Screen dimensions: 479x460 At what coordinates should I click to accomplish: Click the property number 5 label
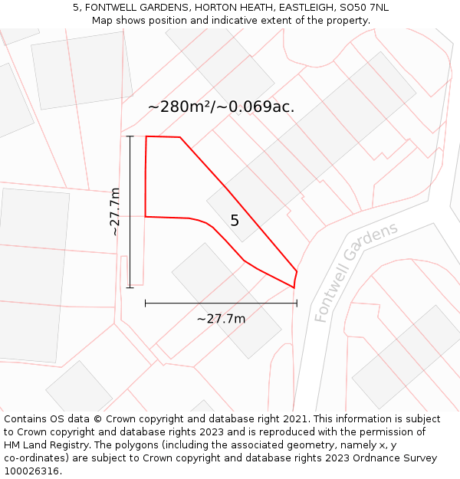(x=235, y=221)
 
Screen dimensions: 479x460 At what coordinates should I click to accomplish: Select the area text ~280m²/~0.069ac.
(x=221, y=107)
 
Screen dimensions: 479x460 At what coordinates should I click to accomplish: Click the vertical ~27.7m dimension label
(x=115, y=212)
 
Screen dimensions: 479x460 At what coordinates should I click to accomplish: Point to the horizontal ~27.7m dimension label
(x=221, y=319)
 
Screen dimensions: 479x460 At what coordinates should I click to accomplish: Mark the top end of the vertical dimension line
(x=130, y=136)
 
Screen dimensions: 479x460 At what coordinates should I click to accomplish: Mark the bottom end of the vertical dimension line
(x=130, y=287)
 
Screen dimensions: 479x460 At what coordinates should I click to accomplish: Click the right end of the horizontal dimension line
(x=297, y=303)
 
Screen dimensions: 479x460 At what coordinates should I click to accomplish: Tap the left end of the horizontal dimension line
(x=146, y=303)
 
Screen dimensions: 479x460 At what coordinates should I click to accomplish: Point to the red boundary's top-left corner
(x=146, y=136)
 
